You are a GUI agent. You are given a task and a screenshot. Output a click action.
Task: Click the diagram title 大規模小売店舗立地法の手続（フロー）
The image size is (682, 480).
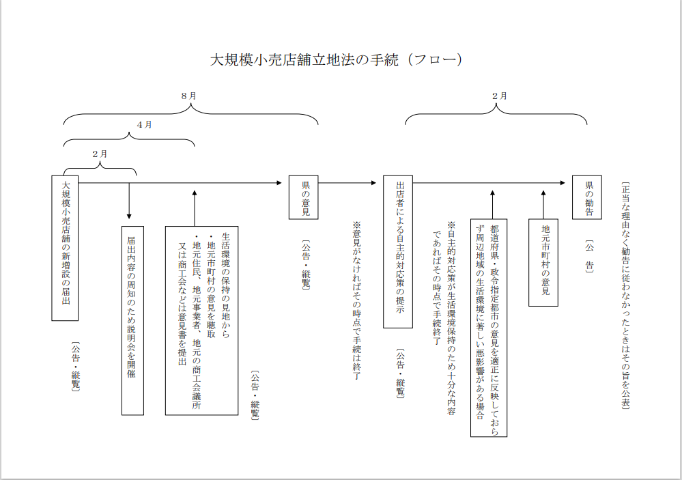click(x=336, y=59)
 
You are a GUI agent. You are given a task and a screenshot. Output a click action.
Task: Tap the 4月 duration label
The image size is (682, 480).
click(x=144, y=125)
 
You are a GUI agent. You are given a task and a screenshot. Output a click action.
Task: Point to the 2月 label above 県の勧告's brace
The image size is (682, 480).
click(x=499, y=96)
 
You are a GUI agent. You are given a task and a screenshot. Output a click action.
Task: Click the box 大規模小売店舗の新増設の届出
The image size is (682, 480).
click(x=66, y=248)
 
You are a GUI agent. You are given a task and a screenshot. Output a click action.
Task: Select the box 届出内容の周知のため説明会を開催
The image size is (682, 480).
click(x=132, y=320)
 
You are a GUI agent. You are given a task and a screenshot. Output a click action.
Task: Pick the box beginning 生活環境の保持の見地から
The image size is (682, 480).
click(x=201, y=320)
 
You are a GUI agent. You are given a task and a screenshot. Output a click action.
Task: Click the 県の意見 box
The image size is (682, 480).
click(x=303, y=198)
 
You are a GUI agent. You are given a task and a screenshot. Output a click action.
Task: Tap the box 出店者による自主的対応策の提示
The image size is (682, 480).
click(x=397, y=251)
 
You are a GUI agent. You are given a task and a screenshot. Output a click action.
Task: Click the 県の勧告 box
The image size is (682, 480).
click(x=586, y=198)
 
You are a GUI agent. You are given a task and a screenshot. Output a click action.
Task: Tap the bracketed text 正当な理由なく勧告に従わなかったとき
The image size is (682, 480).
click(x=625, y=295)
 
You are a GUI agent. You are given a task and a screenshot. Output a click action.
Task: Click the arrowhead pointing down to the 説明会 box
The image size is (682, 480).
click(x=129, y=215)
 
